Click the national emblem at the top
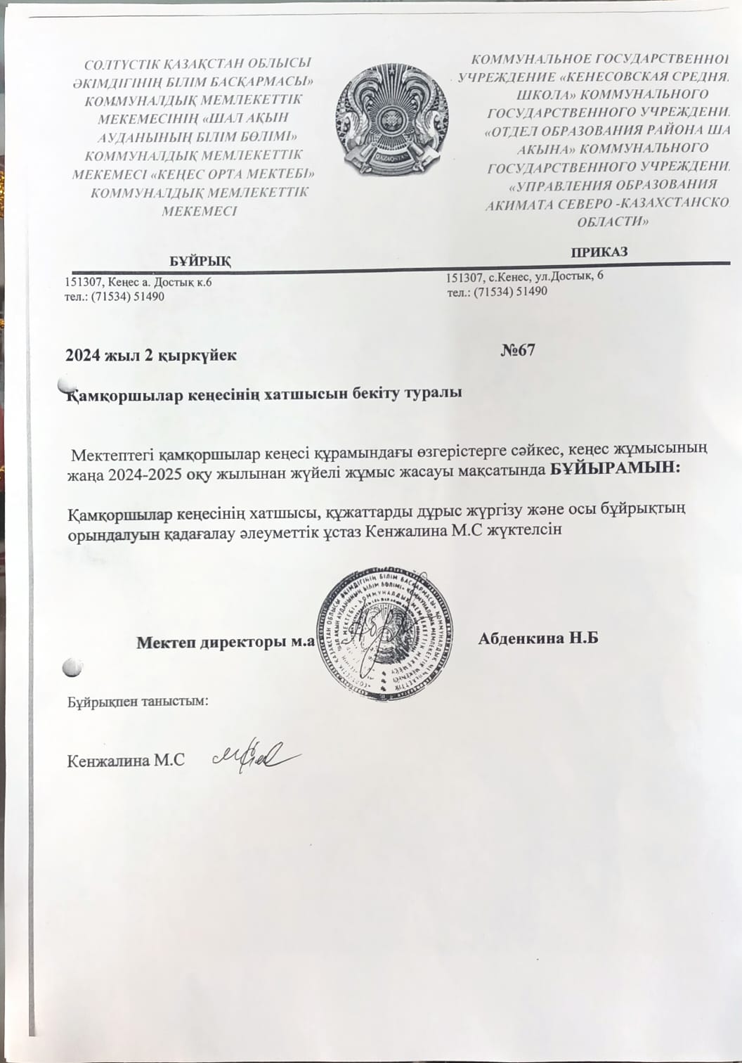pos(391,120)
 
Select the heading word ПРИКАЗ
pos(599,252)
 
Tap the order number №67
pos(517,349)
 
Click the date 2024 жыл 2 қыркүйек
pos(150,355)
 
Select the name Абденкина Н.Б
pos(538,638)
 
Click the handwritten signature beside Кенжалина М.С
pos(257,756)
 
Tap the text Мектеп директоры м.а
pos(224,642)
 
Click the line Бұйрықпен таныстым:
pos(138,701)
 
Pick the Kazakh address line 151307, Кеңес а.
pos(138,283)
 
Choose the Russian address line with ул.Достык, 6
pos(525,276)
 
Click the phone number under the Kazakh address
pos(115,296)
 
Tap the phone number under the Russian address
pos(497,291)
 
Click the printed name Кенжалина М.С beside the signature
pos(126,761)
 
